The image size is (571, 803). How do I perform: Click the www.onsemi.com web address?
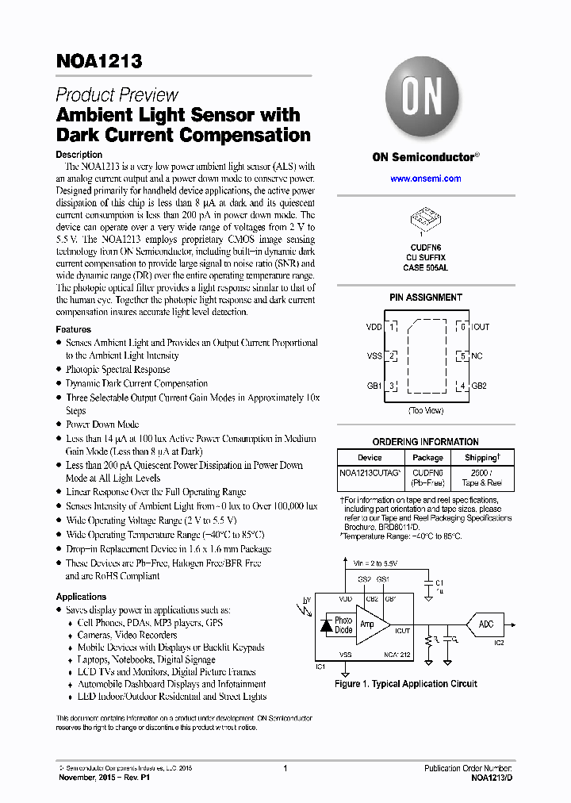point(425,179)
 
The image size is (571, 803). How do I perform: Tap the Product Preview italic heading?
point(117,95)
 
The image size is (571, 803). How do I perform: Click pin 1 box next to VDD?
point(392,327)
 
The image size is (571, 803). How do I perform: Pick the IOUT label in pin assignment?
point(481,327)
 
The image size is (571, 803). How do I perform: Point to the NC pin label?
point(477,356)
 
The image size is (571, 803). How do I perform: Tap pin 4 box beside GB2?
point(461,386)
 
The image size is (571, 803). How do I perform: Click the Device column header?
point(370,458)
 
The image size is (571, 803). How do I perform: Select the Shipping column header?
point(481,458)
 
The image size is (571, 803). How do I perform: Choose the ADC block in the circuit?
point(486,624)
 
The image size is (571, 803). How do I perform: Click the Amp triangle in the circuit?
point(369,624)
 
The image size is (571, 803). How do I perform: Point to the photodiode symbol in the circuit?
point(324,625)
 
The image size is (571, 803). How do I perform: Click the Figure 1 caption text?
point(406,684)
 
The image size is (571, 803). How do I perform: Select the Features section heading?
point(73,329)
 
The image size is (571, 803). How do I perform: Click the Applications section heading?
point(81,597)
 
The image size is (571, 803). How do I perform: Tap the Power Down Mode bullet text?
point(102,425)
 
